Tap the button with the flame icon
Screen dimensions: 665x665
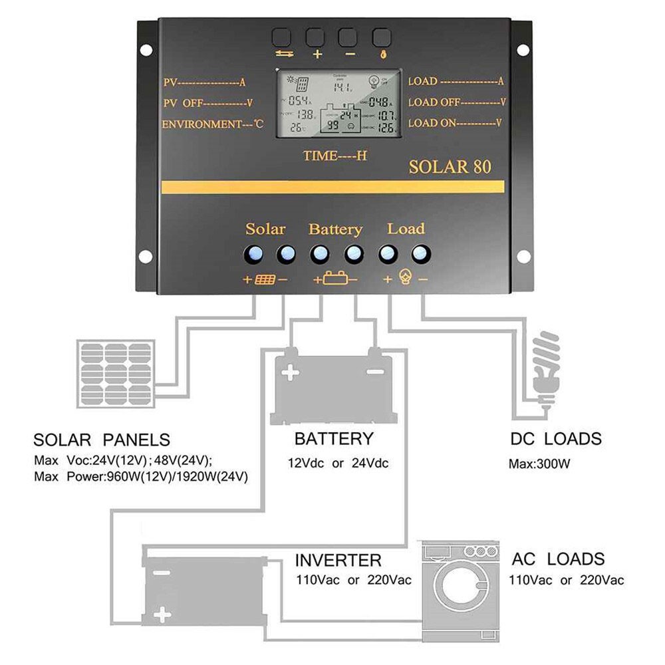[x=382, y=37]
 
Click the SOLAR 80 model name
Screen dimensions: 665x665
[x=450, y=166]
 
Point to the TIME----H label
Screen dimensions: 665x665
[x=335, y=156]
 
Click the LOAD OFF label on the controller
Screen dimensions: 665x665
[x=457, y=102]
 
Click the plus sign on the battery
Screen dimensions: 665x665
[x=290, y=373]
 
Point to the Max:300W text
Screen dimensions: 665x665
[x=539, y=464]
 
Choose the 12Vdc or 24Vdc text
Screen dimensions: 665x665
[x=338, y=464]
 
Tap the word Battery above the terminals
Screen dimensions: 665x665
[x=335, y=229]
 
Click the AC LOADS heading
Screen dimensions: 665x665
[x=558, y=559]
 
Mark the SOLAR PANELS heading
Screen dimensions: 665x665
[x=102, y=440]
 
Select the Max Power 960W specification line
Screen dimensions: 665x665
[x=141, y=477]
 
